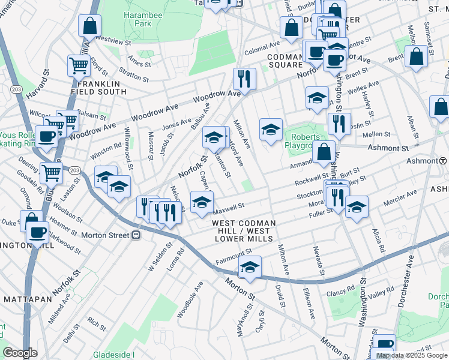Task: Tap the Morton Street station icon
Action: point(136,235)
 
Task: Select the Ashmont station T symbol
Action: point(442,161)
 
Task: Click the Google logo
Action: point(20,353)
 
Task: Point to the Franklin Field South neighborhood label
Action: point(98,88)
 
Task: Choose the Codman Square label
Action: point(286,60)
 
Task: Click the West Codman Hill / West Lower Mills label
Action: point(244,230)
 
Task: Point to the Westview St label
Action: point(113,42)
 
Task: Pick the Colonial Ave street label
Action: point(262,45)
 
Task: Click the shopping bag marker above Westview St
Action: point(89,26)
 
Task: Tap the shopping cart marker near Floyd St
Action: point(79,65)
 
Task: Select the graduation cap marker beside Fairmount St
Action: point(250,267)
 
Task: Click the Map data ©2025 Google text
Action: point(412,355)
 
